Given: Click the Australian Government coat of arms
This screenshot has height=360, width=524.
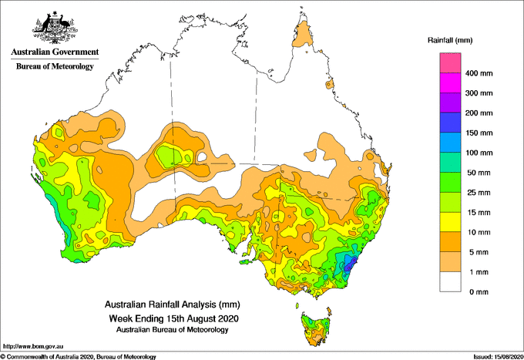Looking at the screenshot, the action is coord(55,28).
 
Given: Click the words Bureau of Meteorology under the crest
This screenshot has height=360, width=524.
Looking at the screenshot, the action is coord(55,66).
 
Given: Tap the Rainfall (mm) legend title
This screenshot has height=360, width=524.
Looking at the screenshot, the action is coord(450,40).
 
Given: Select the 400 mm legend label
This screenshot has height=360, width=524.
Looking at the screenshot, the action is coord(479,73).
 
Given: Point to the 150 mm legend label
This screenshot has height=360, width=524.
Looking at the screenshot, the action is coord(479,133).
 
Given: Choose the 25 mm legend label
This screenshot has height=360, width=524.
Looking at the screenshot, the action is coord(479,193).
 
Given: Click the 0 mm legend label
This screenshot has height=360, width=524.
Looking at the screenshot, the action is coord(479,292).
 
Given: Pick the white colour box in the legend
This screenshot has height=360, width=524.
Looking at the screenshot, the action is coord(450,281).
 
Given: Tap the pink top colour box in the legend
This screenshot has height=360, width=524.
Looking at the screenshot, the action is coord(450,63).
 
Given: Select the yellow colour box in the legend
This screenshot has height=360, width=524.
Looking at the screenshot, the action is coord(450,222).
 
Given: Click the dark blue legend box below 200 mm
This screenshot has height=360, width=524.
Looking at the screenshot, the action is coord(450,123).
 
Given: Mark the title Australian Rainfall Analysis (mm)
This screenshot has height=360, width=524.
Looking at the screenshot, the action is coord(173,304).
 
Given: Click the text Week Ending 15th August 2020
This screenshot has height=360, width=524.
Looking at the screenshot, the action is coord(174,318).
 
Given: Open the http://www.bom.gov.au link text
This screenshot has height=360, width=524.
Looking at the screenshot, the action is coord(33,347).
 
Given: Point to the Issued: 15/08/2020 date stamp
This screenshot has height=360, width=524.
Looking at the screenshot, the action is coord(498,357).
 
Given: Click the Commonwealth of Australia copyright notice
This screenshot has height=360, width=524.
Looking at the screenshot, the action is coord(79,357).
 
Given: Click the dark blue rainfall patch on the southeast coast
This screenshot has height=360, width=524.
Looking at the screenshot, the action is coord(349,263).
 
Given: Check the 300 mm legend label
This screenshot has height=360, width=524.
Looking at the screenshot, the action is coord(479,93).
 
